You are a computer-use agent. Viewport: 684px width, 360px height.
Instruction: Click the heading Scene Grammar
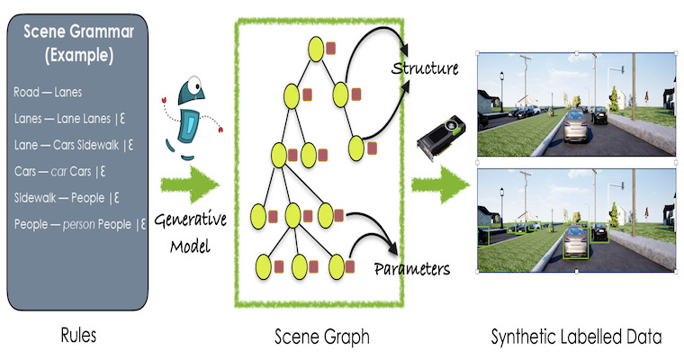[78, 31]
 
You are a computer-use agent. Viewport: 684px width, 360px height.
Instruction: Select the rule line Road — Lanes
[48, 92]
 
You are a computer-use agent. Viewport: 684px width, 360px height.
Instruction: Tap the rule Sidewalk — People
[67, 198]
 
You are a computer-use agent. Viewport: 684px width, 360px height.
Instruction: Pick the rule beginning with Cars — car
[59, 171]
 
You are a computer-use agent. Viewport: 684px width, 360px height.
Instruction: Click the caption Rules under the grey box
[78, 336]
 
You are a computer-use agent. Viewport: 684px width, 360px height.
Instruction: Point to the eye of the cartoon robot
[194, 83]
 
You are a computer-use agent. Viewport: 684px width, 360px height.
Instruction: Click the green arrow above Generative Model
[190, 184]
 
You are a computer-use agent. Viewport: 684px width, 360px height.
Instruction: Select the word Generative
[190, 220]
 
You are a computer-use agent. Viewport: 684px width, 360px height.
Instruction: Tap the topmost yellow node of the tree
[316, 49]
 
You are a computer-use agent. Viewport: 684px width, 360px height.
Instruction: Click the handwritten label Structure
[425, 68]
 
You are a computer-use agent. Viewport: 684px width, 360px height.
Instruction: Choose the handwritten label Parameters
[412, 268]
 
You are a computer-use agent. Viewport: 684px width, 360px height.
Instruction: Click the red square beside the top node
[330, 48]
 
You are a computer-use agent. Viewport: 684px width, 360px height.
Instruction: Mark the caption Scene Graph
[322, 337]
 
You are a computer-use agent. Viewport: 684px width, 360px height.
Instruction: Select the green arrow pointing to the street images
[440, 184]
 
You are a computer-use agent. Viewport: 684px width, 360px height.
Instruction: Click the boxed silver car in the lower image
[576, 241]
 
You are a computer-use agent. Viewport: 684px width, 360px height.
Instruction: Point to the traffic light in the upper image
[623, 69]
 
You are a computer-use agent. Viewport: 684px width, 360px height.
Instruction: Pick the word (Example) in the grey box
[79, 56]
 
